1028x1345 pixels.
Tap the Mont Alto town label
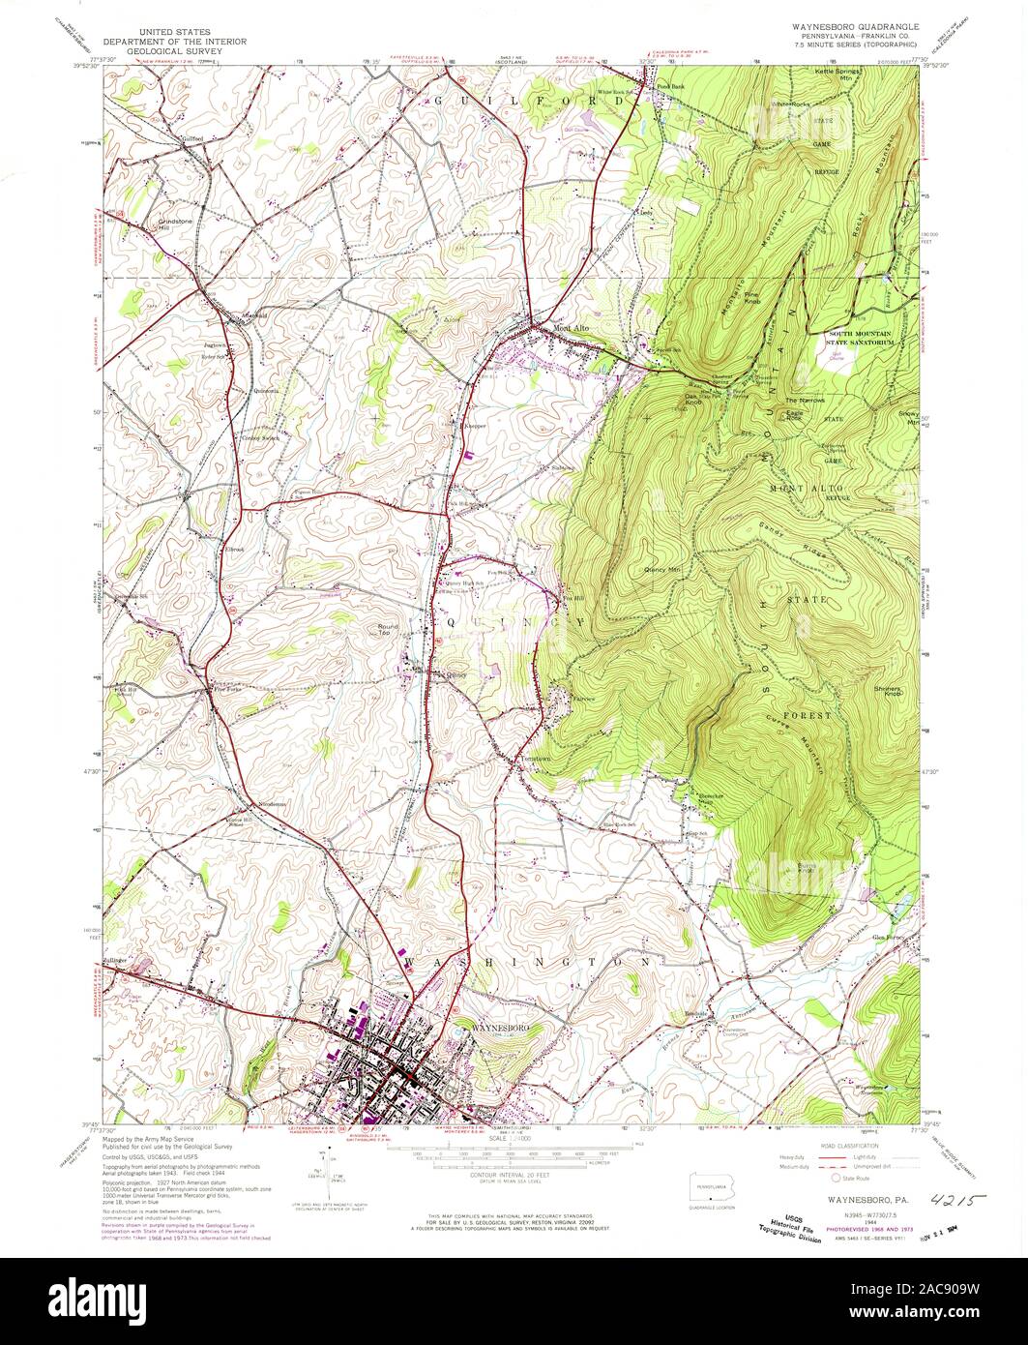(x=571, y=329)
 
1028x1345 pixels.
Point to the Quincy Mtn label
(x=662, y=571)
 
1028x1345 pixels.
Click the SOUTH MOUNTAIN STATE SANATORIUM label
(x=869, y=337)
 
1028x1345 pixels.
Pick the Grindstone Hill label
(x=176, y=224)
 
